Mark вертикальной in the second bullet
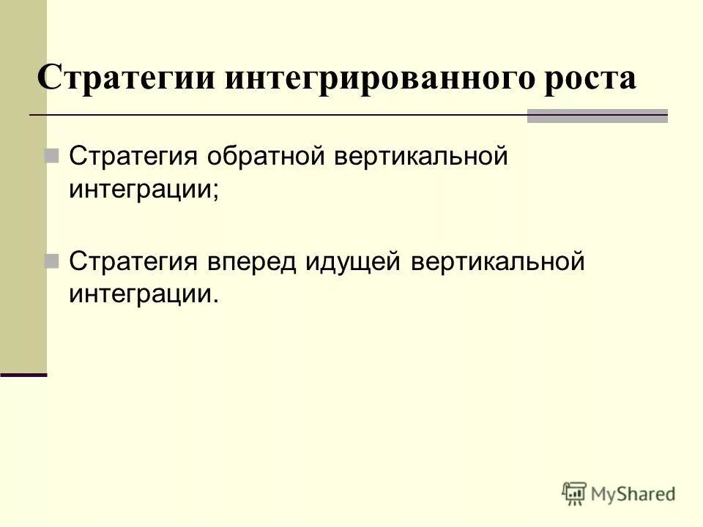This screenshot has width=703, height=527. [498, 261]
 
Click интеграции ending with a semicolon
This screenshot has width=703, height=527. [144, 190]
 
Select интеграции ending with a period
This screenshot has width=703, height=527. [144, 294]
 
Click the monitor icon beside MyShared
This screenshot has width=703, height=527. [575, 493]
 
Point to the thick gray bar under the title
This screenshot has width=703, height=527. [598, 116]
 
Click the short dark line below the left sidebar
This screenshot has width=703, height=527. [23, 375]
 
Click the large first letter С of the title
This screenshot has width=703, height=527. [48, 78]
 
